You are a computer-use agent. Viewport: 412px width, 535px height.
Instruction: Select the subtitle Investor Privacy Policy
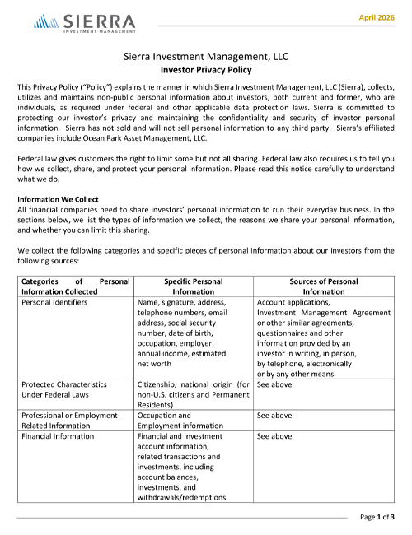point(205,71)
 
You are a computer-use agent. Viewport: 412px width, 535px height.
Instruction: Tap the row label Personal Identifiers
point(54,302)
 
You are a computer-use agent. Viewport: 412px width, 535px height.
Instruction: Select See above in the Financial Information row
point(274,436)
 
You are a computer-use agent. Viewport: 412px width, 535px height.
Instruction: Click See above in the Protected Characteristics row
point(274,384)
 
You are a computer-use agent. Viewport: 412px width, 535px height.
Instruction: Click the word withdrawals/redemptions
point(180,497)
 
